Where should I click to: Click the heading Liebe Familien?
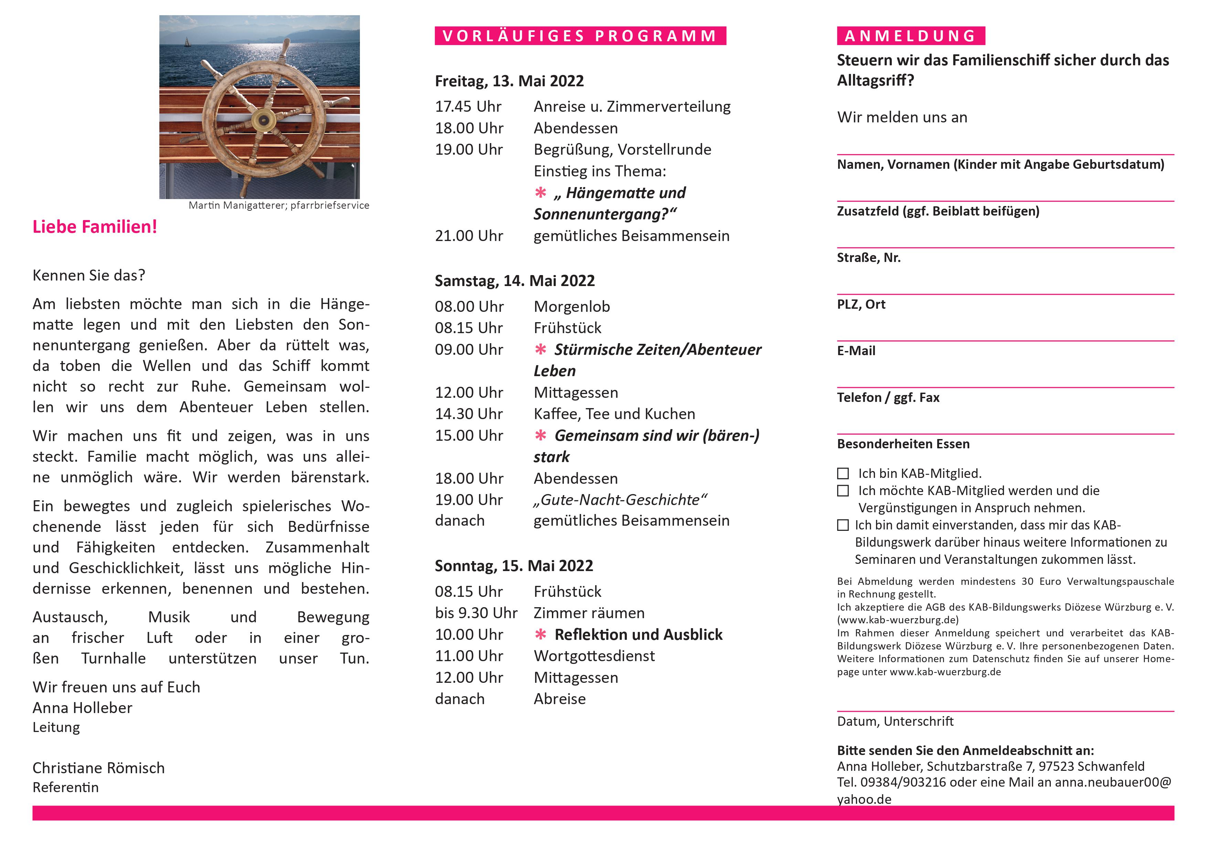point(95,227)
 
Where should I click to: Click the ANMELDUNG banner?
point(910,36)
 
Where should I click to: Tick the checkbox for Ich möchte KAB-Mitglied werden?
point(843,491)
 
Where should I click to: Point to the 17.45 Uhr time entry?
point(468,107)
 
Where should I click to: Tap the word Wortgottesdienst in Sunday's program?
point(594,656)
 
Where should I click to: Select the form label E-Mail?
point(856,351)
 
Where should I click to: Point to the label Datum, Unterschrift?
point(895,722)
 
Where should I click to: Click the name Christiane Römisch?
point(98,768)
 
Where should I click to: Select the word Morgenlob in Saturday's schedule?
point(572,307)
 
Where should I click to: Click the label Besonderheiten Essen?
point(902,444)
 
